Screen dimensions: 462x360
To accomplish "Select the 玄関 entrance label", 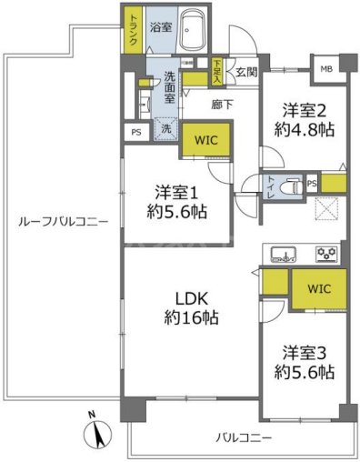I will (x=245, y=72).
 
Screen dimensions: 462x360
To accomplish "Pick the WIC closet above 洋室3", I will (x=318, y=289).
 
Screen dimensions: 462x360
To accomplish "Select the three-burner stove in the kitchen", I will (x=327, y=252).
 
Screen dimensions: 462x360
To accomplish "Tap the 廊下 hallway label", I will (x=222, y=104).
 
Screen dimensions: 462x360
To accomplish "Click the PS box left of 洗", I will (x=136, y=132).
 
